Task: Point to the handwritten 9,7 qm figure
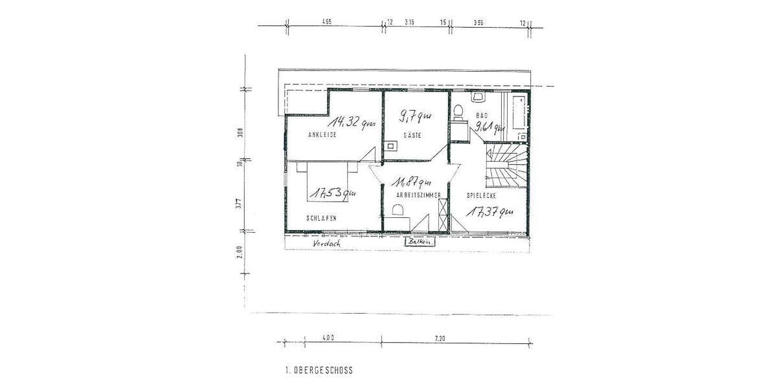[415, 118]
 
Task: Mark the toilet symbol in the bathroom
[458, 113]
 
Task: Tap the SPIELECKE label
[483, 195]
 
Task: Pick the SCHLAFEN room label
[322, 219]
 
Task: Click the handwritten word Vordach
[326, 244]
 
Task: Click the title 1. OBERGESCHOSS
[319, 371]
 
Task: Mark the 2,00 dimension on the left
[239, 251]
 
